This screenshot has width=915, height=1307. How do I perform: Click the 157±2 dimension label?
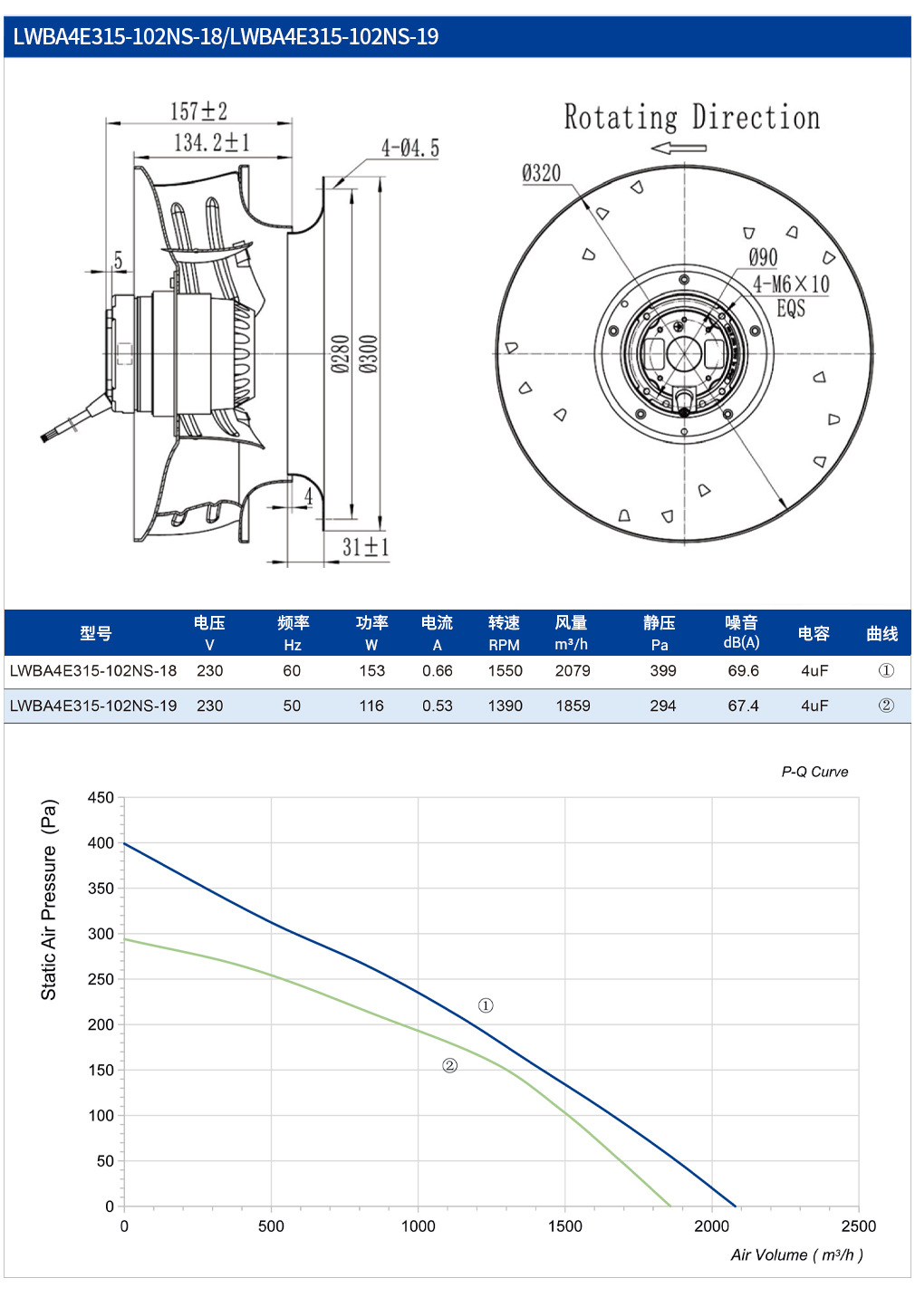[198, 111]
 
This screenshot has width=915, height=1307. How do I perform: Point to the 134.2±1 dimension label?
[212, 142]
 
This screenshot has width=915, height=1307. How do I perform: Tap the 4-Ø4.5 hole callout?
[410, 149]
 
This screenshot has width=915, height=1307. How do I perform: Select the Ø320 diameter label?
[541, 173]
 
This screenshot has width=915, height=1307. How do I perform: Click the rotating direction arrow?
[679, 149]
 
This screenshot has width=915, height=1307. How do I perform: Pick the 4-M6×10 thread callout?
[791, 284]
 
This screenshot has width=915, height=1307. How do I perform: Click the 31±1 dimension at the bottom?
[366, 547]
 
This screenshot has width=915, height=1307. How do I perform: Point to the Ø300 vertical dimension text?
[368, 353]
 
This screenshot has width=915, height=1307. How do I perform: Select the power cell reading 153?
[371, 671]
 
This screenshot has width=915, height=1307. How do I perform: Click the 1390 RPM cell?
[505, 706]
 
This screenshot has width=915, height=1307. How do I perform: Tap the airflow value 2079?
[573, 671]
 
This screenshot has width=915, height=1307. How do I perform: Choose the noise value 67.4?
[743, 706]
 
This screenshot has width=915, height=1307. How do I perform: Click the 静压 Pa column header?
[660, 633]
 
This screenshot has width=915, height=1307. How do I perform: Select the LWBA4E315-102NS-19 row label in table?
[93, 706]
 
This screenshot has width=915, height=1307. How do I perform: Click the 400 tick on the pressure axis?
[101, 842]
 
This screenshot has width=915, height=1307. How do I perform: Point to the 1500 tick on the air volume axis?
[565, 1225]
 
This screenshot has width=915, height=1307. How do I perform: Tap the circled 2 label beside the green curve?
[449, 1065]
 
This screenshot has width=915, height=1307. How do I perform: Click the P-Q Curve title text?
[814, 772]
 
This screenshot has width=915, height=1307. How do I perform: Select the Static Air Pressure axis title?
[49, 899]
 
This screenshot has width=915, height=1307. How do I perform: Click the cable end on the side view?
[44, 437]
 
